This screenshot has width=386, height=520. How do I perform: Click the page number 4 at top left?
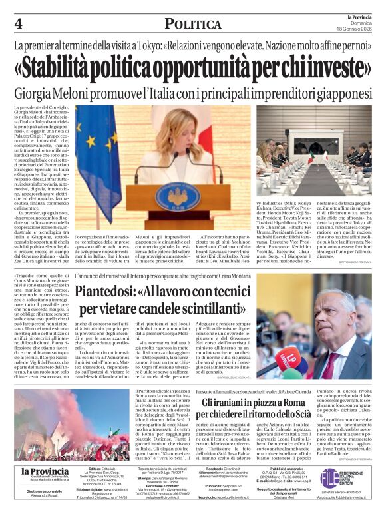[18, 24]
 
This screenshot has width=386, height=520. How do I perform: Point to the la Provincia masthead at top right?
[360, 18]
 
